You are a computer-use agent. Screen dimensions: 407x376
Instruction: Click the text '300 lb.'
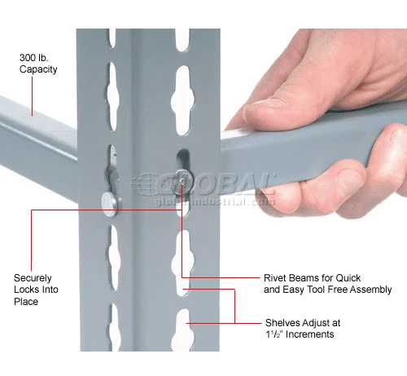[34, 58]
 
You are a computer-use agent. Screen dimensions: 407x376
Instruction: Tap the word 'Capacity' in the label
[38, 69]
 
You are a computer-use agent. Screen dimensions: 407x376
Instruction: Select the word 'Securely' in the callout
[33, 278]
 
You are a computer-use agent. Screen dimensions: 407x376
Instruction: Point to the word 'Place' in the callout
[26, 302]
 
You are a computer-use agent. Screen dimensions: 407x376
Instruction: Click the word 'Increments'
[310, 334]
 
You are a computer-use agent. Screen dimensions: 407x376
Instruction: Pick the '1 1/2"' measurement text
[274, 334]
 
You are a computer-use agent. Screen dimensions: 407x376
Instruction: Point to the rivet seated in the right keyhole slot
[184, 181]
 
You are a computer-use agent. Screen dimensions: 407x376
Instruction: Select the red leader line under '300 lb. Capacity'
[32, 96]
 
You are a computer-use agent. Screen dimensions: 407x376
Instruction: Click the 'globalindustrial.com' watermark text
[214, 201]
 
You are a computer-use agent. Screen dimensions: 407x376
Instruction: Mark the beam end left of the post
[38, 144]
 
